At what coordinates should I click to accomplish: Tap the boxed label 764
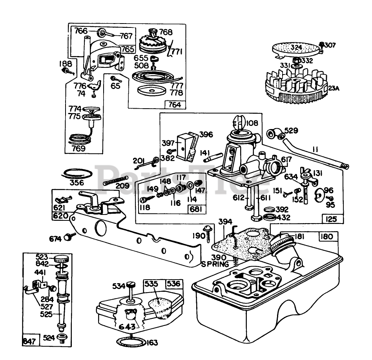(174, 104)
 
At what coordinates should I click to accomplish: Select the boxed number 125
(331, 219)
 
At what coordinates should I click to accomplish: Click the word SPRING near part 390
(215, 264)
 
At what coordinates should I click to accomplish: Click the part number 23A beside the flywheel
(334, 89)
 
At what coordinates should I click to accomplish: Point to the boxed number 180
(326, 236)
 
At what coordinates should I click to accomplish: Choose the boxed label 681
(196, 209)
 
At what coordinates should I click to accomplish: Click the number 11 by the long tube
(316, 149)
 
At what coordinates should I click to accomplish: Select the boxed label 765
(128, 50)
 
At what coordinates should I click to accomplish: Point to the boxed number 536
(174, 283)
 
